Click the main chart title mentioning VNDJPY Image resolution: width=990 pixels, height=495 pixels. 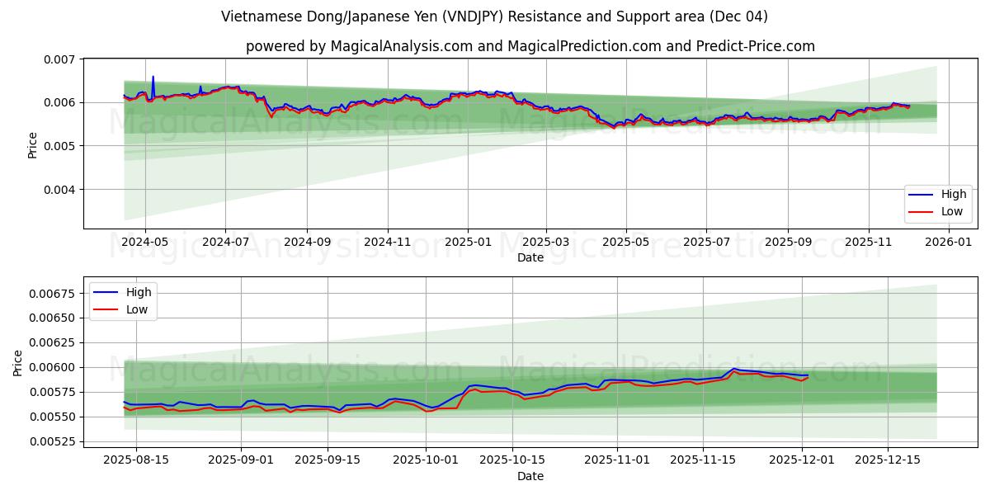click(494, 16)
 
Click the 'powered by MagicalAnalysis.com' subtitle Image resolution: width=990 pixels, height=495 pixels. click(530, 46)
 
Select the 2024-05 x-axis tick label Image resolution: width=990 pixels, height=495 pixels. click(145, 243)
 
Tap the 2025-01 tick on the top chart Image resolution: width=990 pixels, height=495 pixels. click(468, 243)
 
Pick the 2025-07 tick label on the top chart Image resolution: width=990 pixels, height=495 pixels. click(706, 243)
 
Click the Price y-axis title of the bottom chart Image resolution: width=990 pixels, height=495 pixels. click(18, 362)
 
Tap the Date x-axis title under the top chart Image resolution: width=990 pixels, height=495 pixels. click(530, 257)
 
